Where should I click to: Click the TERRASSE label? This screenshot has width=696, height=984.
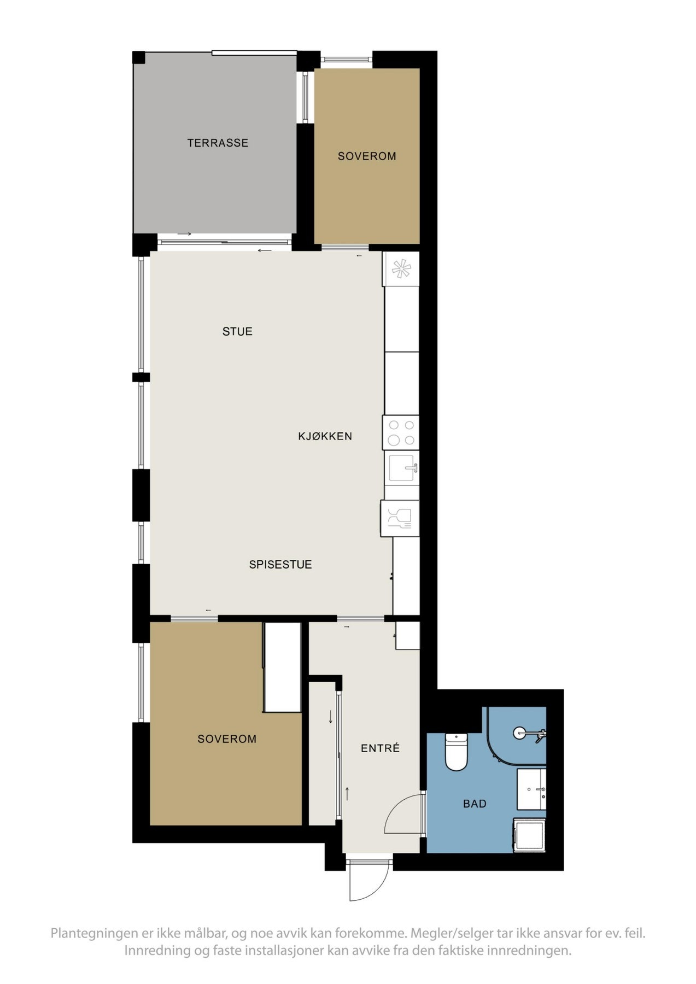click(x=218, y=143)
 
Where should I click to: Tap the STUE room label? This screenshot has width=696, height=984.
click(x=237, y=331)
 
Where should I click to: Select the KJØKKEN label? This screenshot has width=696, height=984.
click(x=325, y=436)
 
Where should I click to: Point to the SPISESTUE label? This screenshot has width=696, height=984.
click(x=280, y=565)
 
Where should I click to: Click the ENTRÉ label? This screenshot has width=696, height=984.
click(x=380, y=748)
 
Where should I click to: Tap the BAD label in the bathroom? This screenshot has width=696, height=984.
click(x=475, y=804)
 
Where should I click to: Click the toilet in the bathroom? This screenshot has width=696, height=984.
click(x=456, y=752)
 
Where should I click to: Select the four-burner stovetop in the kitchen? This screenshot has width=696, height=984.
click(x=401, y=432)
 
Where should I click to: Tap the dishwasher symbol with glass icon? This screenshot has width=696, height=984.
click(x=400, y=518)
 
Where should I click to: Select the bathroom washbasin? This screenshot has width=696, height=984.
click(x=531, y=789)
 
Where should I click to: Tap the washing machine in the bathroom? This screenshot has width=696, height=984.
click(x=530, y=835)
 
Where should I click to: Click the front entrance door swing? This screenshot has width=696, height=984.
click(x=369, y=881)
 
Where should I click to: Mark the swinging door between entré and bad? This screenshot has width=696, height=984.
click(x=405, y=815)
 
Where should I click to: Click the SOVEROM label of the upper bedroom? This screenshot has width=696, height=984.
click(x=367, y=156)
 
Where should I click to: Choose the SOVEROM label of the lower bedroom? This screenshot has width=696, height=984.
click(x=227, y=739)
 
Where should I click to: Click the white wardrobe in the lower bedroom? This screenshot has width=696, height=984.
click(x=282, y=667)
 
